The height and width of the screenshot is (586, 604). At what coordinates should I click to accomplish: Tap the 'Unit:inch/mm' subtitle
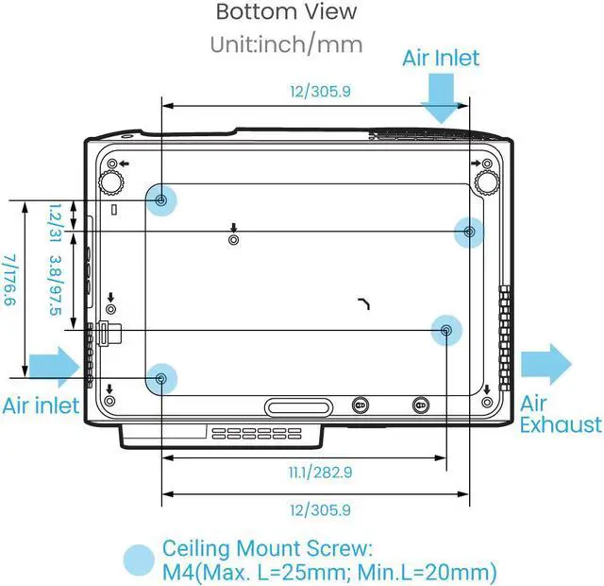click(x=287, y=43)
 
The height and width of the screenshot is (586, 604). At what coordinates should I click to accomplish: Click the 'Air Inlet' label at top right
click(x=441, y=58)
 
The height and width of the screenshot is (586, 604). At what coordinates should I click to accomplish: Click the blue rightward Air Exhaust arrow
click(x=545, y=361)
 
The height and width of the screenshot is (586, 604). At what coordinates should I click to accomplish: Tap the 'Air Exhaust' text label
click(x=561, y=413)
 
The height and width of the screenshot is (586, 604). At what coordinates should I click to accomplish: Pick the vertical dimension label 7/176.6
click(x=10, y=281)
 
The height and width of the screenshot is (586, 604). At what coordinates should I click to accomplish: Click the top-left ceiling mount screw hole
click(x=162, y=199)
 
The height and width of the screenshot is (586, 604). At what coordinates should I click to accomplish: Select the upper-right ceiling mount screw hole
click(x=469, y=231)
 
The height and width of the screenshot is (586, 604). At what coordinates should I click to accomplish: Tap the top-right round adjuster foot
click(x=487, y=179)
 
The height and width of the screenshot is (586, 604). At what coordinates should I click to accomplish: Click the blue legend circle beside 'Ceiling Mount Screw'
click(x=140, y=560)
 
